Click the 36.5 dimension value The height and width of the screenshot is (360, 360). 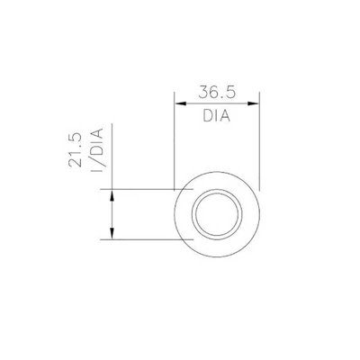coord(216,92)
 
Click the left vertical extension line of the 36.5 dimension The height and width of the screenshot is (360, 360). coord(173,144)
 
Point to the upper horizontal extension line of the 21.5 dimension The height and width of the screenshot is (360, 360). coord(144,190)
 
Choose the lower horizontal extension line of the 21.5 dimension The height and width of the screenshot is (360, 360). coord(144,240)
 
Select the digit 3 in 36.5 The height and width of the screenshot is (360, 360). coord(199,92)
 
